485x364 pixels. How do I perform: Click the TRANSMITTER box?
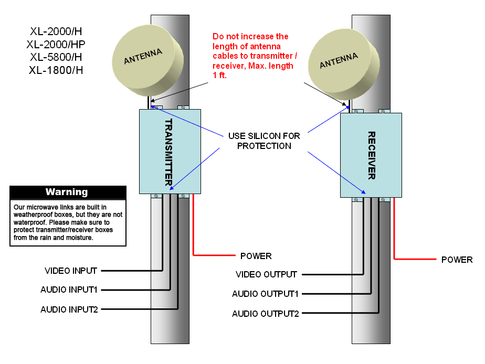click(x=170, y=151)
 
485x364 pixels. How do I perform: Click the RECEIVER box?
click(x=371, y=155)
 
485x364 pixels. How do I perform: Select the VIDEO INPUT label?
click(x=71, y=271)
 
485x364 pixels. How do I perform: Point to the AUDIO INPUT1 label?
click(x=69, y=290)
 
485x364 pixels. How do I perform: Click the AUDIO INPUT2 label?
click(x=69, y=309)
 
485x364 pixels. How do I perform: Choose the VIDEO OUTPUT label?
click(x=267, y=274)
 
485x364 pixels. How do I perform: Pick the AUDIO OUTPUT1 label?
click(x=266, y=294)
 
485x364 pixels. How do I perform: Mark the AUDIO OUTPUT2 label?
click(x=266, y=314)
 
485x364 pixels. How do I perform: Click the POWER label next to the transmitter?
click(x=256, y=256)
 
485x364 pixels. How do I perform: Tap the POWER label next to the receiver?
click(x=457, y=260)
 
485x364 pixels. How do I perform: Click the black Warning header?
click(x=68, y=192)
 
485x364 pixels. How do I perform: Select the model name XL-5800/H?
click(x=56, y=57)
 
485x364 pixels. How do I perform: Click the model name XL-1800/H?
click(x=56, y=69)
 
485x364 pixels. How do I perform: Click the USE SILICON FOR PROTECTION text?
click(x=264, y=141)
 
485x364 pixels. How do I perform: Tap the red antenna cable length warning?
click(x=252, y=56)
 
